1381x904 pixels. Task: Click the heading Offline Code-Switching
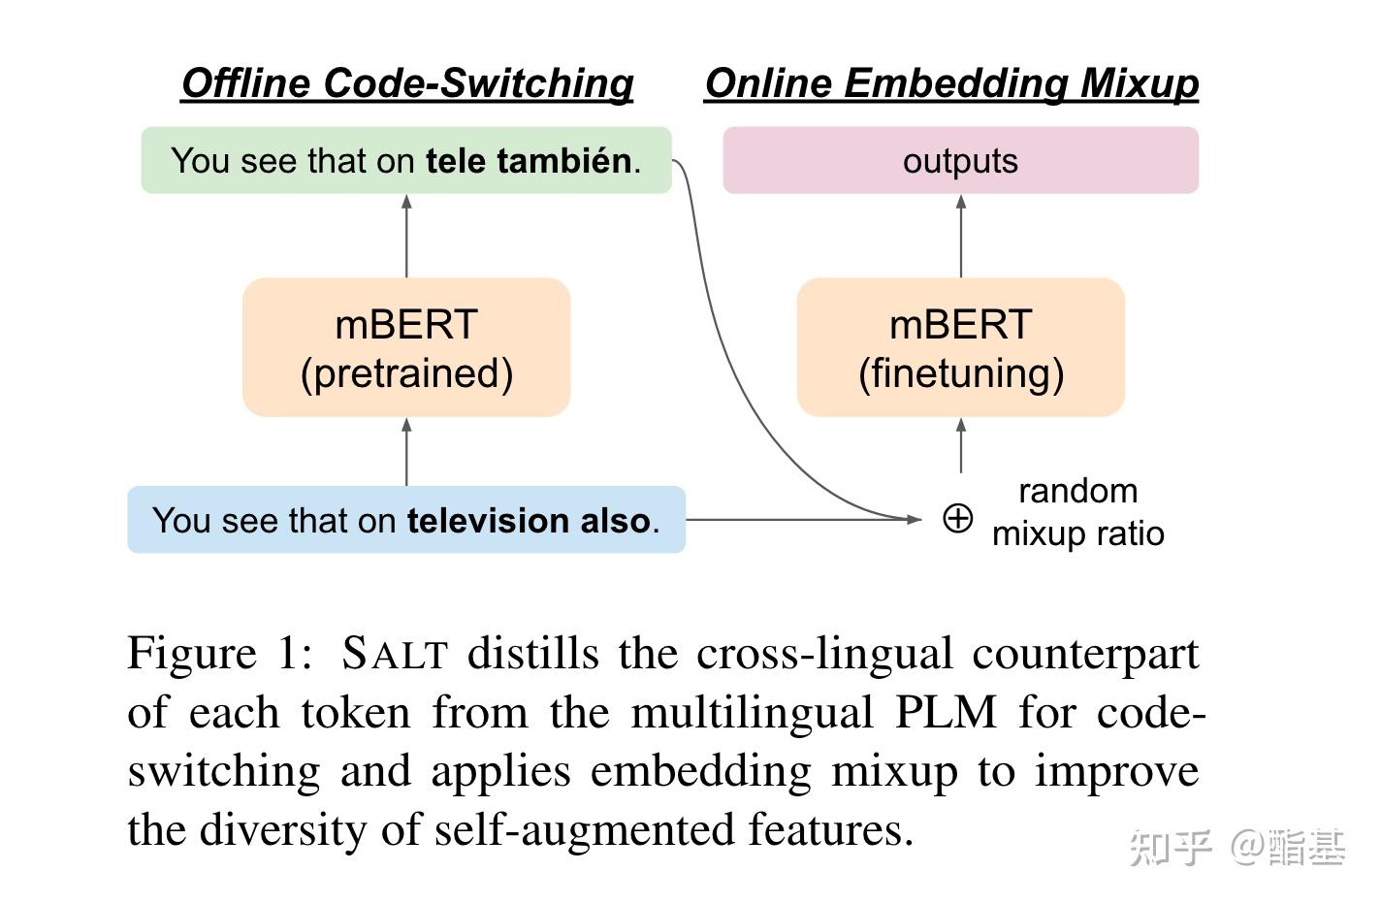click(x=407, y=83)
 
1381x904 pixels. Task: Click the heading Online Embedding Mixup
click(x=951, y=83)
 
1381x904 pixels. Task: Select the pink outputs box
click(x=960, y=160)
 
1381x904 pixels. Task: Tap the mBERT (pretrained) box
click(x=406, y=347)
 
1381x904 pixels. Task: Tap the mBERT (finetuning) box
click(x=960, y=347)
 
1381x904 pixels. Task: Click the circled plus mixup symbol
click(x=957, y=519)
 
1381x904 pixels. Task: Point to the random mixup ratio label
click(x=1077, y=512)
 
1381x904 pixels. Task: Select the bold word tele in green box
click(x=457, y=160)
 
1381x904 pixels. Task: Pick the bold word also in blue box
click(x=615, y=521)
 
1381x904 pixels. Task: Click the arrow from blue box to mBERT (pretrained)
click(x=406, y=452)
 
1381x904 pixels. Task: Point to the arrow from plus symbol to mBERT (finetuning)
click(x=960, y=446)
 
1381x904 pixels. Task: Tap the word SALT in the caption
click(x=394, y=653)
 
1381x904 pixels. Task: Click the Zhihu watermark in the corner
click(x=1237, y=847)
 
